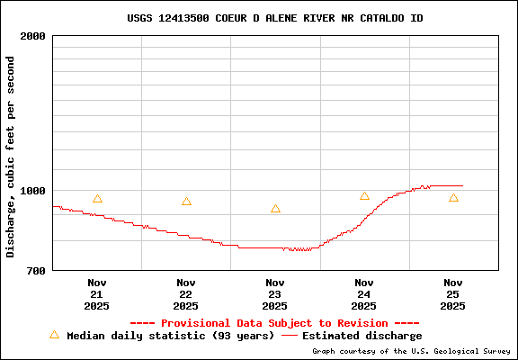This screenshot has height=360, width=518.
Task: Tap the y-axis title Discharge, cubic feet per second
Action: [x=11, y=157]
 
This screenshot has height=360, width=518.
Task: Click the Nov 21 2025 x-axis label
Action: [x=97, y=293]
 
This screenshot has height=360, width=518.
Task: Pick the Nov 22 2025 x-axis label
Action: [x=186, y=293]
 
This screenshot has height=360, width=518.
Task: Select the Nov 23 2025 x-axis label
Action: [x=275, y=293]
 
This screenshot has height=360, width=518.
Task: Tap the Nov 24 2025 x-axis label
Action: [x=364, y=293]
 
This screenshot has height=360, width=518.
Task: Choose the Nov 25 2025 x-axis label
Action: [x=453, y=293]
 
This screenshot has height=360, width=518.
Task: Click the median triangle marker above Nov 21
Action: [x=97, y=199]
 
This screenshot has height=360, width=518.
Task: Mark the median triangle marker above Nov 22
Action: [x=186, y=202]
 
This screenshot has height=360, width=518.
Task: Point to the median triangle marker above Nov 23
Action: [x=275, y=209]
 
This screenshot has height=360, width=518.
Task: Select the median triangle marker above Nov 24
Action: [x=364, y=196]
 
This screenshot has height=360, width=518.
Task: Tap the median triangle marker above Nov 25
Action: [x=453, y=198]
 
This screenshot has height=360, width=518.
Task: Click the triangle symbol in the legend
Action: [x=54, y=335]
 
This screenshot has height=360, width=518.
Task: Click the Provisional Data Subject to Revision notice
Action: [x=274, y=323]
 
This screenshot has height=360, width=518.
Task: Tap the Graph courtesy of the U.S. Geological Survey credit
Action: [x=411, y=352]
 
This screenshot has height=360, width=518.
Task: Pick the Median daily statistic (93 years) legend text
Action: [x=171, y=336]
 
